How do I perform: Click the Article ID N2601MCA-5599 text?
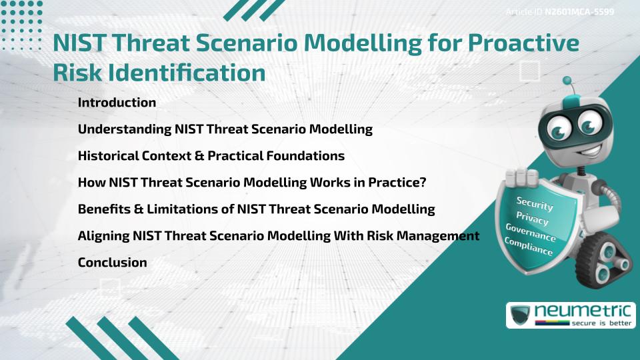click(559, 12)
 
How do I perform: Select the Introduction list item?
click(117, 103)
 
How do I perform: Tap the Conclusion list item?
click(112, 263)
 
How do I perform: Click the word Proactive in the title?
click(522, 44)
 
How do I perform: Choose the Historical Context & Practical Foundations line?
click(211, 156)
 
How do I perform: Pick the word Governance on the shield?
click(531, 233)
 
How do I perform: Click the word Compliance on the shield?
click(529, 247)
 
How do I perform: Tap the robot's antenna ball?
click(568, 81)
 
